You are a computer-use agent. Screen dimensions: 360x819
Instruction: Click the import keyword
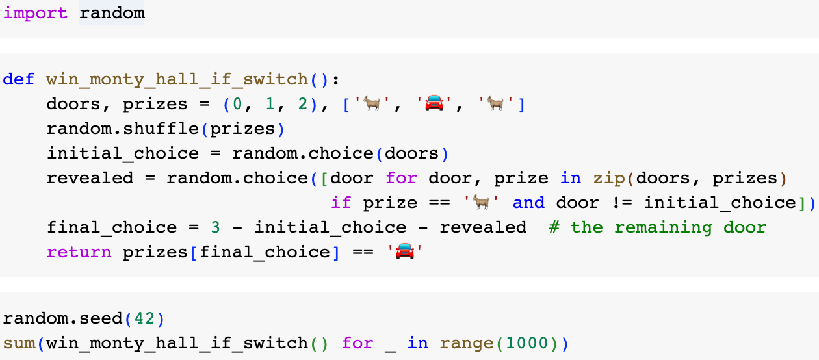(x=35, y=13)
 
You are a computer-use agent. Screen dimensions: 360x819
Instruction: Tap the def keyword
(x=19, y=79)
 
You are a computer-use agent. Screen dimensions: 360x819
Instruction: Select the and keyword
(x=528, y=203)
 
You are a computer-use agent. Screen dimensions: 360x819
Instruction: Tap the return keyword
(x=79, y=252)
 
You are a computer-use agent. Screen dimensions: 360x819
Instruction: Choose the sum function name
(x=19, y=343)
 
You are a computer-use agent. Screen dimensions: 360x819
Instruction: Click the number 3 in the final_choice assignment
(x=216, y=227)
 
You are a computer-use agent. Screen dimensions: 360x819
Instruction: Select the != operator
(x=621, y=203)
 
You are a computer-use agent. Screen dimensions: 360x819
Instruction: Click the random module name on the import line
(x=112, y=13)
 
